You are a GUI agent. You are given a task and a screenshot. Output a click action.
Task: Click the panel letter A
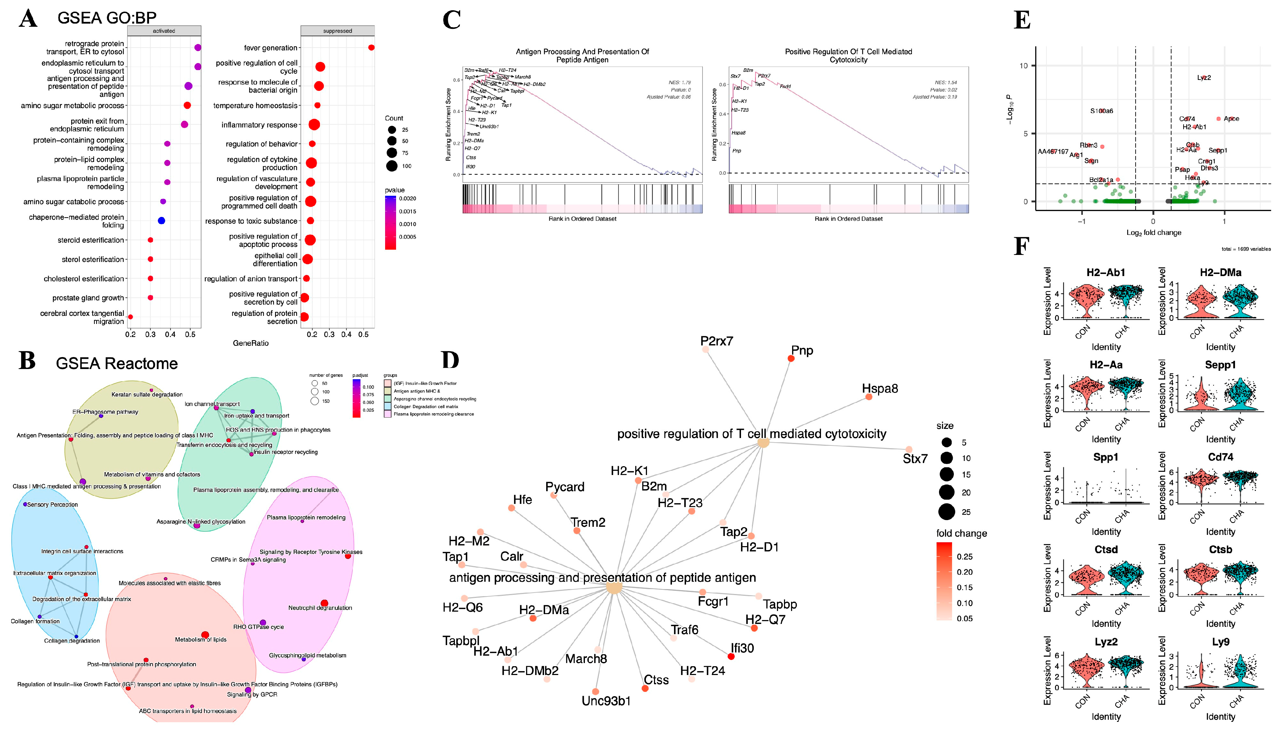28,19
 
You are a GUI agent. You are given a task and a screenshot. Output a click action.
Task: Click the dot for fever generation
371,48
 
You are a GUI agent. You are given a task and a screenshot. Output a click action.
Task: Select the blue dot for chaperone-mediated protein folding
161,220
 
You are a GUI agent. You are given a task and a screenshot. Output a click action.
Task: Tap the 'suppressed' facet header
338,31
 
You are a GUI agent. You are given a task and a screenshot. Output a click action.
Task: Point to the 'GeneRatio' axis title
250,343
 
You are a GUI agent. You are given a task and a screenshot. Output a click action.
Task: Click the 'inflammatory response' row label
259,125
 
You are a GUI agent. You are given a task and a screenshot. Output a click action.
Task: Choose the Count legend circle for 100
392,166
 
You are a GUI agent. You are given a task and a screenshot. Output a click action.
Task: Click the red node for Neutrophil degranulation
324,603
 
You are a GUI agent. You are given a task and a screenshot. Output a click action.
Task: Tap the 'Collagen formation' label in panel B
35,621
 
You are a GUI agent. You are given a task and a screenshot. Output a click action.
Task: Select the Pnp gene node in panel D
791,358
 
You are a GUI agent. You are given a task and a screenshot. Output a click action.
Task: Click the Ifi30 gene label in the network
742,648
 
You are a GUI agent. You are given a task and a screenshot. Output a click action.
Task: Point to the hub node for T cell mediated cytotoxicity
763,443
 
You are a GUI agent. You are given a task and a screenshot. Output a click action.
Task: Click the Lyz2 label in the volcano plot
1204,78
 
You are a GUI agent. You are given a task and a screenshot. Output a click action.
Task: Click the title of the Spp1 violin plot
1106,457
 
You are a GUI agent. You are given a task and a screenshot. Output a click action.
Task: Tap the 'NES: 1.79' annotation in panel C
679,82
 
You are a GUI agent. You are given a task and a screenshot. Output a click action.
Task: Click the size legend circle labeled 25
946,512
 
